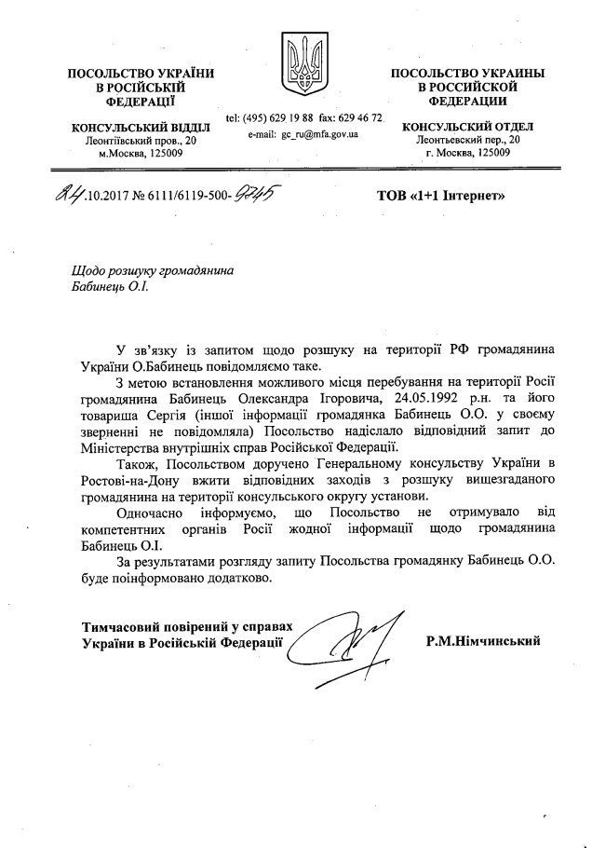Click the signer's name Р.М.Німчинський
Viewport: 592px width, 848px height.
[482, 641]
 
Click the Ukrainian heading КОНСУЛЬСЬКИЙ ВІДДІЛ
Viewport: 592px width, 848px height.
[128, 127]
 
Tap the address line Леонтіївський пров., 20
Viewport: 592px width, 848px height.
[128, 140]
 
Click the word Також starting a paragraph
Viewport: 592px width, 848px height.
[137, 465]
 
